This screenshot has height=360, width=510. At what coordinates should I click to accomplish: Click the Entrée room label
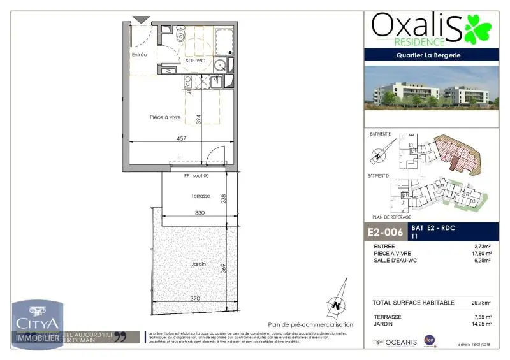tap(139, 55)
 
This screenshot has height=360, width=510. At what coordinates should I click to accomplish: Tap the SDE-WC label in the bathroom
tap(194, 61)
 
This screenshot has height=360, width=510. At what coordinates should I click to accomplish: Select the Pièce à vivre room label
tap(165, 117)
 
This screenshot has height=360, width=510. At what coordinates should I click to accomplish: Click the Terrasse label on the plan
tap(200, 196)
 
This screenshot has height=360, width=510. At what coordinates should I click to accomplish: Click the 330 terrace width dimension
tap(199, 213)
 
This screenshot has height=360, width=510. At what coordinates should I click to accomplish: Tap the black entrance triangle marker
tap(140, 20)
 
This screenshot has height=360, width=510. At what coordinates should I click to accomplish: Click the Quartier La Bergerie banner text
tap(432, 55)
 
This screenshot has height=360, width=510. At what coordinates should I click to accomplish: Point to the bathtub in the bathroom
tap(224, 41)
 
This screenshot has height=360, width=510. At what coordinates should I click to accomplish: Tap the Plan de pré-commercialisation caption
tap(310, 324)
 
